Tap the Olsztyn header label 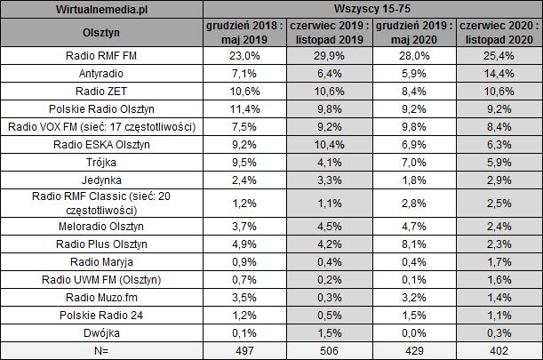tap(103, 34)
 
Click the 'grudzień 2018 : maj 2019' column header tap(244, 34)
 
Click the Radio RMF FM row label tap(103, 58)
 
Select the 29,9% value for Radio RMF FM tap(329, 58)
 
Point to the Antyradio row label tap(103, 75)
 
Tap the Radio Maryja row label tap(103, 261)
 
